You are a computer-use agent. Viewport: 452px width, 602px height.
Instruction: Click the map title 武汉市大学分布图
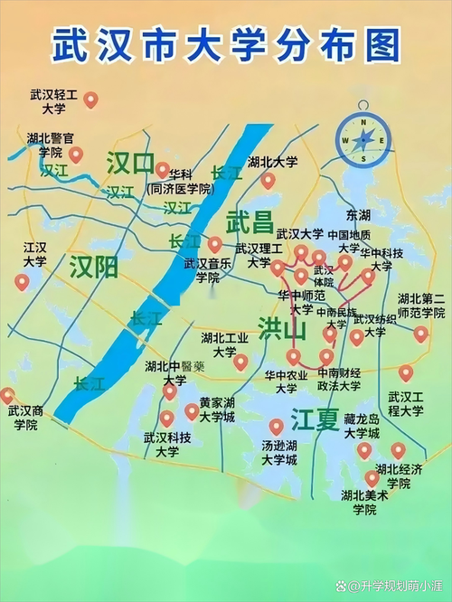[225, 44]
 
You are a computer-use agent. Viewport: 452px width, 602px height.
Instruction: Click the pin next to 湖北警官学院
[77, 155]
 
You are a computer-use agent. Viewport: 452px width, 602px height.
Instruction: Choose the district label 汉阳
[94, 266]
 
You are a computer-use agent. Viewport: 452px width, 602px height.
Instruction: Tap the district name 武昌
[249, 221]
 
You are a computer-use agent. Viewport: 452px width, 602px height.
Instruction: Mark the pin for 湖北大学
[268, 180]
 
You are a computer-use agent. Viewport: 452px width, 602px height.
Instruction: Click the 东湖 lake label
[358, 215]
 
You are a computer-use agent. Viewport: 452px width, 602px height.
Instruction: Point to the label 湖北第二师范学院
[421, 306]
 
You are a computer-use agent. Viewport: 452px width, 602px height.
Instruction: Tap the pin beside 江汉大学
[22, 281]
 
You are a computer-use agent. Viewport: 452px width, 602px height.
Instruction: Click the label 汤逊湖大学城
[278, 453]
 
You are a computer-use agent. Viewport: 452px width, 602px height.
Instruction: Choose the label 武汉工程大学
[406, 403]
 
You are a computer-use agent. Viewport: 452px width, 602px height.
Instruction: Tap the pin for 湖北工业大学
[240, 362]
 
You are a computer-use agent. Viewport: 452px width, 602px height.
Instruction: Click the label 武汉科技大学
[167, 444]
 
